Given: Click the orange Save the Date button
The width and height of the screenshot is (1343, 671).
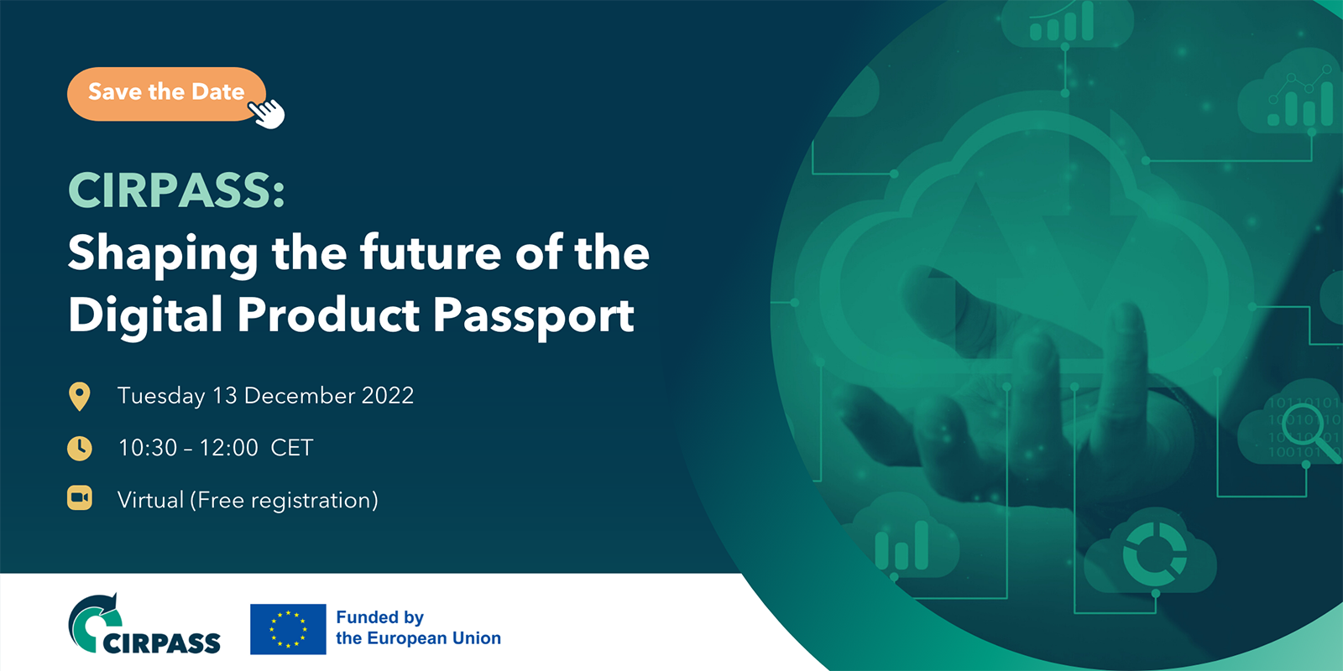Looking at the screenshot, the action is click(166, 94).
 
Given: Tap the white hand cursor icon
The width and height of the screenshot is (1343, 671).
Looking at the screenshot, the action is click(267, 113).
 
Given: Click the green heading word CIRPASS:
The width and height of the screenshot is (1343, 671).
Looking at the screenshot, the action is click(176, 190).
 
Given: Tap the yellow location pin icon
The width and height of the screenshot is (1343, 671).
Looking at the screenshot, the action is click(79, 397).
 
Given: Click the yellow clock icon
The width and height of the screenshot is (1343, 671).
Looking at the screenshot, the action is click(79, 448).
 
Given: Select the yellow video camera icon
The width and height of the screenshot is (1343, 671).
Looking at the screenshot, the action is click(79, 498).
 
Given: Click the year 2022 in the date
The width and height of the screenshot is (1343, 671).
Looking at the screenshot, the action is click(387, 395).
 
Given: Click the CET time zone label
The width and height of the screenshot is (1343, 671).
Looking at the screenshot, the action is click(292, 448).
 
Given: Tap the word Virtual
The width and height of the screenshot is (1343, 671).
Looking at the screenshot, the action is click(150, 500).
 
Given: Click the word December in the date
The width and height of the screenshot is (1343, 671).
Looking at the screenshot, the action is click(299, 395).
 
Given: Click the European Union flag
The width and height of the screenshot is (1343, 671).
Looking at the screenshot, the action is click(288, 629).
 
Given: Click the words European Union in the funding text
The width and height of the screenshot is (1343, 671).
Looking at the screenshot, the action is click(433, 638).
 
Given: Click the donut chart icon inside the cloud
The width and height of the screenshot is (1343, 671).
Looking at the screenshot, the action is click(1155, 554).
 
